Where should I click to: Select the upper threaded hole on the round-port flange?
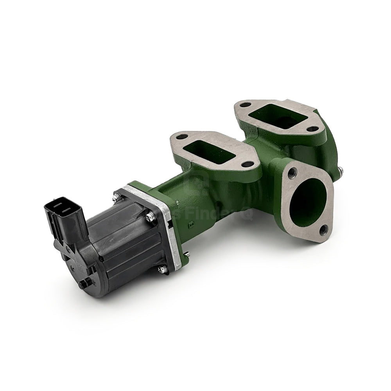tap(292, 171)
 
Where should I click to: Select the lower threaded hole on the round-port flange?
tap(323, 230)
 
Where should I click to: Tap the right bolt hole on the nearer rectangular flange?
tap(246, 164)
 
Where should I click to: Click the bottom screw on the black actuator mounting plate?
tap(162, 269)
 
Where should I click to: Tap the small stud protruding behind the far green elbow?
tap(341, 170)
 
